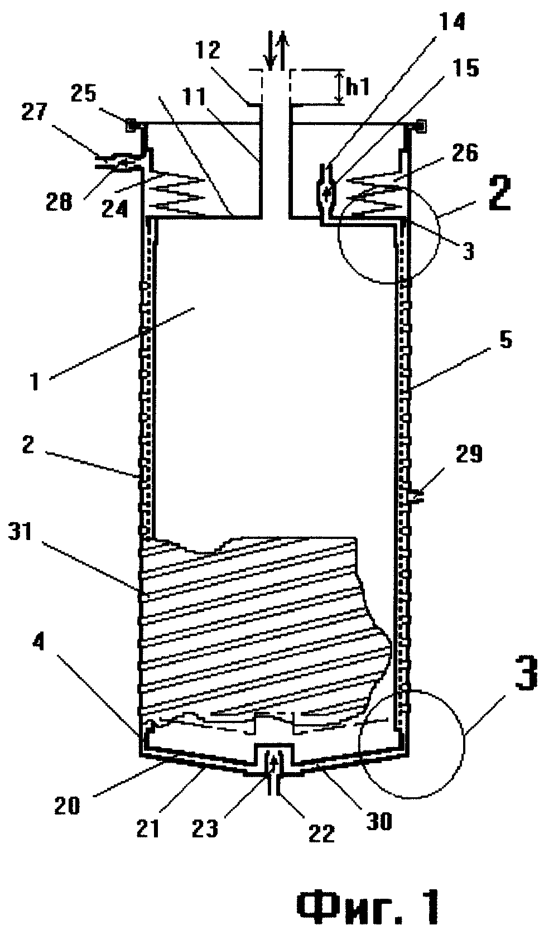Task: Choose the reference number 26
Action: tap(464, 153)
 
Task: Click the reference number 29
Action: tap(468, 456)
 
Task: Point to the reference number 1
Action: tap(35, 383)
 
